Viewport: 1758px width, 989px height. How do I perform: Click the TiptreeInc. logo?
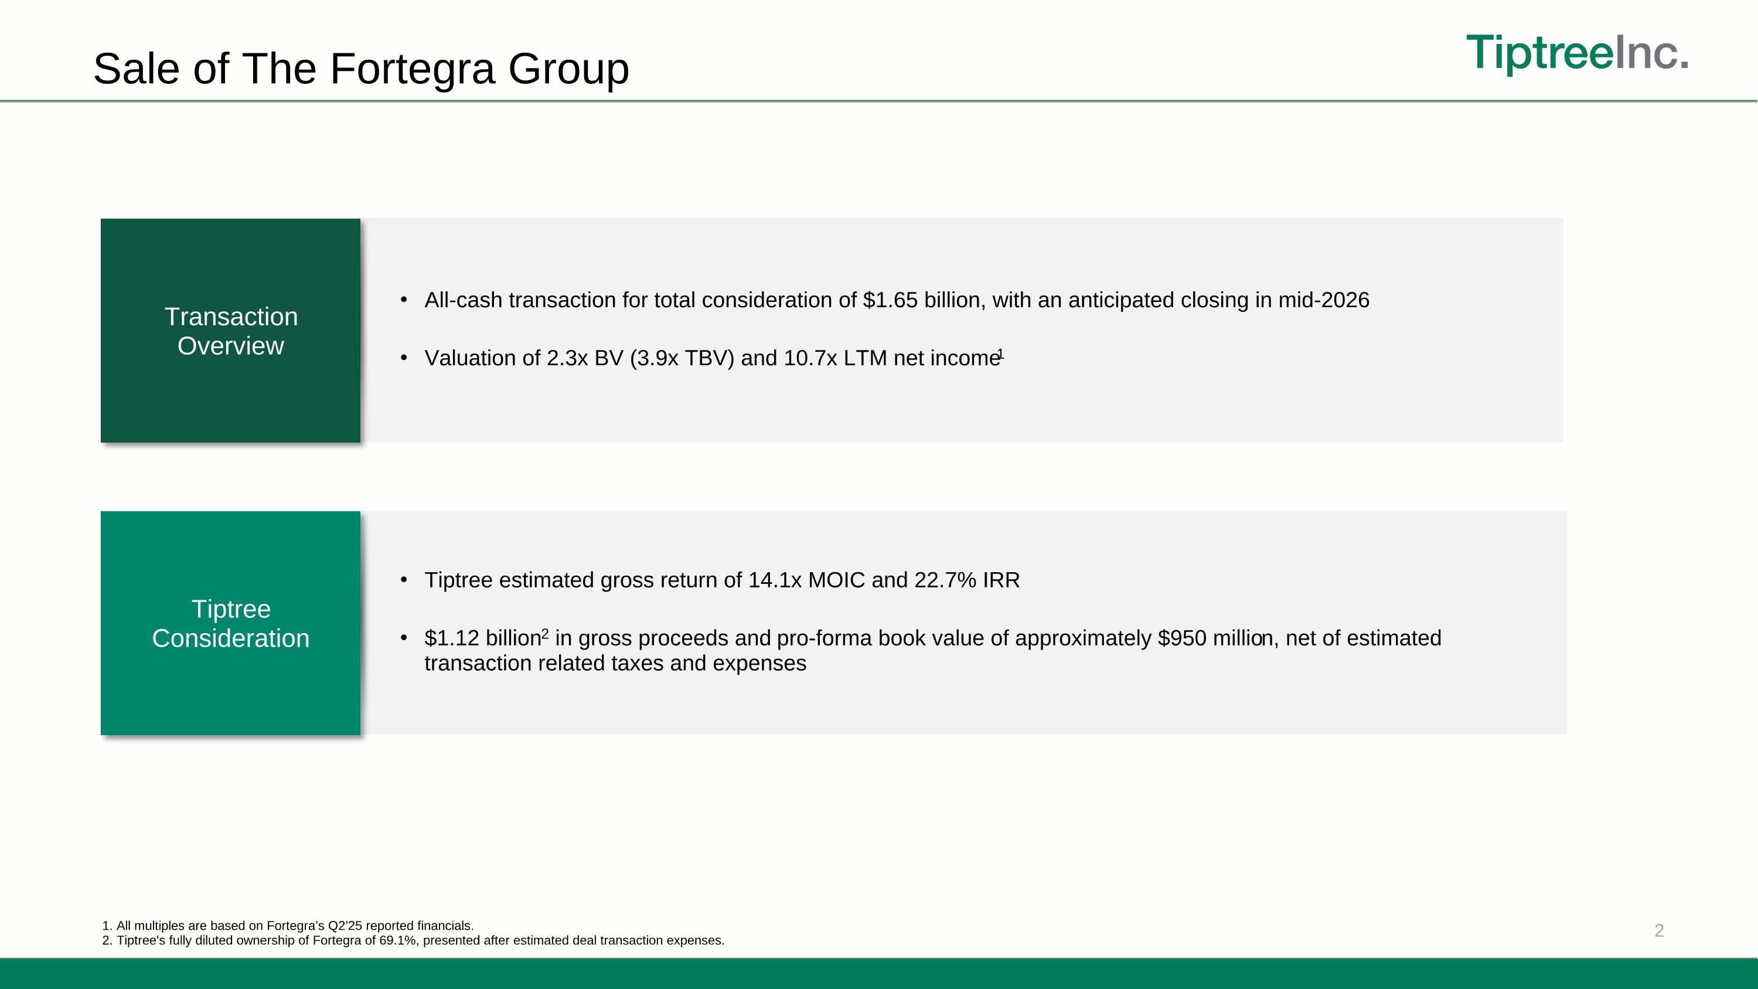coord(1576,53)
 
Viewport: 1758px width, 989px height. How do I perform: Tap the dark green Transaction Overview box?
coord(231,331)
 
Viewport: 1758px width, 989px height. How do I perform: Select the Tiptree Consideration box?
coord(231,623)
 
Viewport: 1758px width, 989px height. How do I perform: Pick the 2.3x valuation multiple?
coord(567,358)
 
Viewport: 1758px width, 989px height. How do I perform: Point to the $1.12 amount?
coord(452,638)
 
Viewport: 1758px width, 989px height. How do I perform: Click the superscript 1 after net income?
coord(1000,354)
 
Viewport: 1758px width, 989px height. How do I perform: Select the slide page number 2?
coord(1659,930)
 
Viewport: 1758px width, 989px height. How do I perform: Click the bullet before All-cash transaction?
coord(404,300)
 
